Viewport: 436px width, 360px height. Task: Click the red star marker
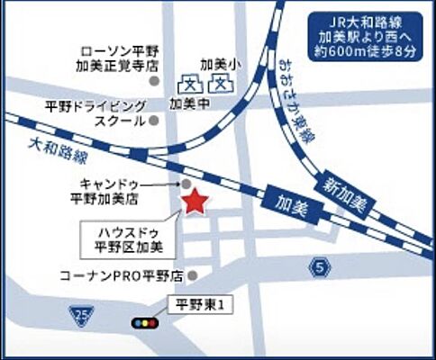click(x=195, y=202)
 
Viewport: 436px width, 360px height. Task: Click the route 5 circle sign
click(x=317, y=265)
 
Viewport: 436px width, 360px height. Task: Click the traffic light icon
click(x=144, y=321)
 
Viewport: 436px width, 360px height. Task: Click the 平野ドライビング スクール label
click(x=95, y=112)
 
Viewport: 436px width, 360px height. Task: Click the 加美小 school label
click(x=217, y=65)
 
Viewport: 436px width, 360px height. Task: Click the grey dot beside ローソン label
click(x=154, y=80)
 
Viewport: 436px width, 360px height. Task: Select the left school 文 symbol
click(x=191, y=85)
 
